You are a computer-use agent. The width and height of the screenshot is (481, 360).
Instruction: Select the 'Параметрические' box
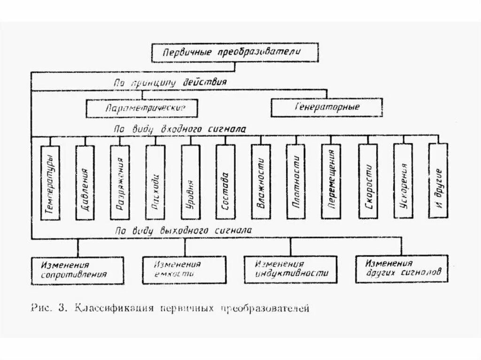pyautogui.click(x=141, y=108)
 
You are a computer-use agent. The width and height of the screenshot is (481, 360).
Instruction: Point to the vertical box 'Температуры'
pyautogui.click(x=51, y=182)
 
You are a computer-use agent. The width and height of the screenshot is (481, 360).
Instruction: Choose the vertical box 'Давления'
pyautogui.click(x=85, y=182)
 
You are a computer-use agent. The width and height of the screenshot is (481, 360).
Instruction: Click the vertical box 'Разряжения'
pyautogui.click(x=120, y=182)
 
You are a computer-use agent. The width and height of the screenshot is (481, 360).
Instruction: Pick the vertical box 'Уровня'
pyautogui.click(x=190, y=182)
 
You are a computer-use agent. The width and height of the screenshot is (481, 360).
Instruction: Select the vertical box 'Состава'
pyautogui.click(x=225, y=182)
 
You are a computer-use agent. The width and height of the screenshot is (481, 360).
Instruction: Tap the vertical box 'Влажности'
pyautogui.click(x=261, y=182)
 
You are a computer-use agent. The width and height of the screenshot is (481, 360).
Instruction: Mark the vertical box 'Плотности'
pyautogui.click(x=295, y=182)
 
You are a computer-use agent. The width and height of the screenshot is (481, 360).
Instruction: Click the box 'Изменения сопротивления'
pyautogui.click(x=78, y=270)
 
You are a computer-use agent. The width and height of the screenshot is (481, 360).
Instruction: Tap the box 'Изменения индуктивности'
pyautogui.click(x=290, y=269)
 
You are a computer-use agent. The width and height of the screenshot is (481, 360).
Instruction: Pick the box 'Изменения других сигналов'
pyautogui.click(x=402, y=268)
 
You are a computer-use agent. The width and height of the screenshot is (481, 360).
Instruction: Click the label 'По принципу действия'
pyautogui.click(x=171, y=82)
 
